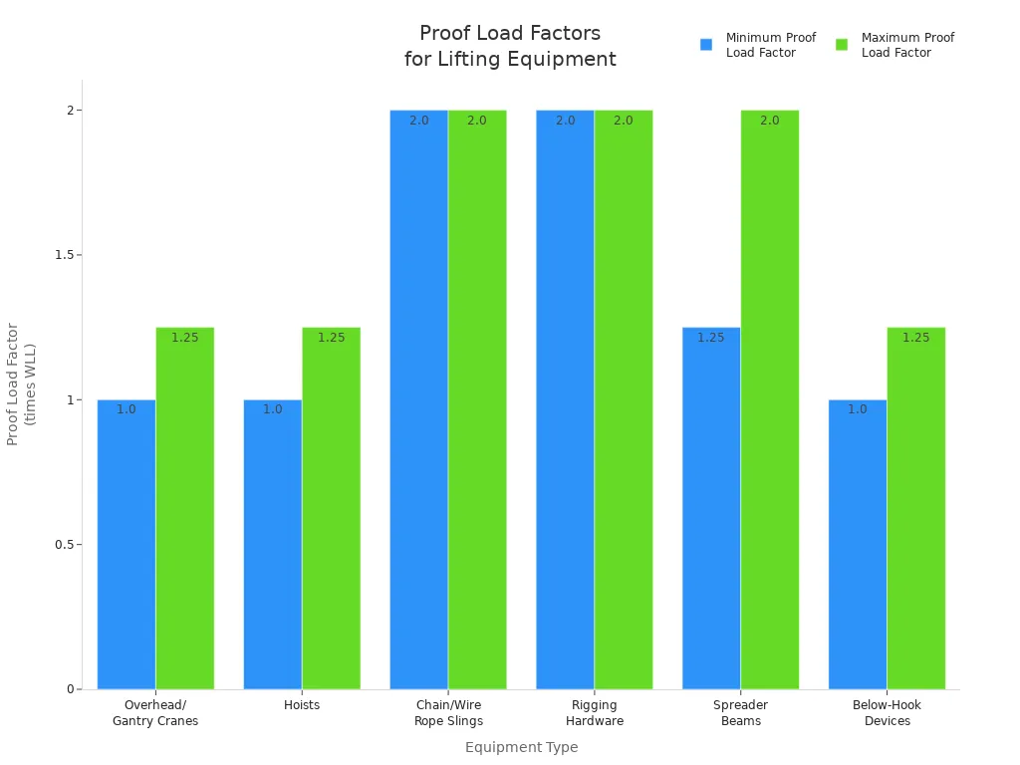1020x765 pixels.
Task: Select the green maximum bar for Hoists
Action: [x=331, y=508]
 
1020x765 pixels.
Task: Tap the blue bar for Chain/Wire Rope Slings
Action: [x=418, y=398]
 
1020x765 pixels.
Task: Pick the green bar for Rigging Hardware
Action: [x=624, y=398]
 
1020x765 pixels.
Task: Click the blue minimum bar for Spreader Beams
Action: [x=711, y=508]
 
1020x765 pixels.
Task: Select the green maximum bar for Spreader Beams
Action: [x=770, y=398]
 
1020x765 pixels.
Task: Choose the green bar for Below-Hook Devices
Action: [x=916, y=508]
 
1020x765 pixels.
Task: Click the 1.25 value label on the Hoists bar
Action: [x=331, y=338]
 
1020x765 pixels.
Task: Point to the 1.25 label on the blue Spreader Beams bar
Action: [x=711, y=338]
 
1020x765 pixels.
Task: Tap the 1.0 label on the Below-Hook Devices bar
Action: [x=858, y=409]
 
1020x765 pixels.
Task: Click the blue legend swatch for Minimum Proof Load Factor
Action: [x=706, y=45]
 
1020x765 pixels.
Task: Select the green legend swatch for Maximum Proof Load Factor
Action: [x=842, y=45]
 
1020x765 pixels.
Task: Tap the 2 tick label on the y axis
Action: [x=71, y=110]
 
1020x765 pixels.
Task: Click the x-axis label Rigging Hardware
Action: [x=595, y=713]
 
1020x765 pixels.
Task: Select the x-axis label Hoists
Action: [x=302, y=705]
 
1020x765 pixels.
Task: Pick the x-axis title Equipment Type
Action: [x=521, y=747]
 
